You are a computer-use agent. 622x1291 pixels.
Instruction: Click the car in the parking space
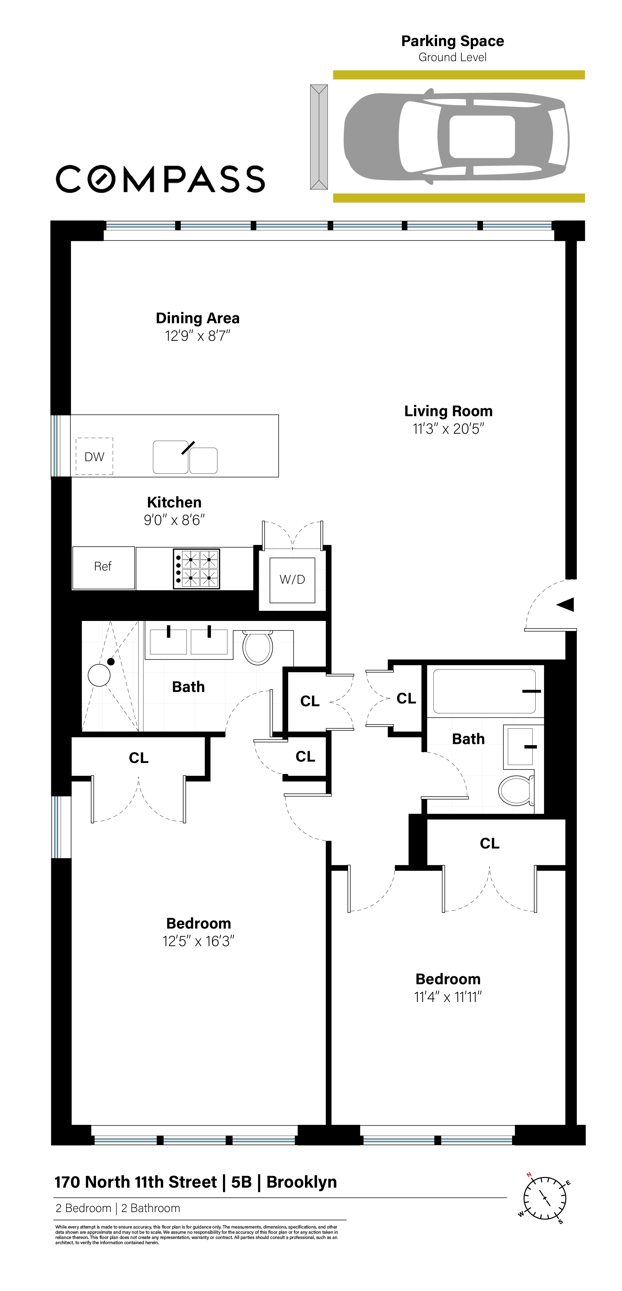[456, 136]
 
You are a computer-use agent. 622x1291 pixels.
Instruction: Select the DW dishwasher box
[94, 456]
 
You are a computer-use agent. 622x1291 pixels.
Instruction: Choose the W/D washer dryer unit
[292, 580]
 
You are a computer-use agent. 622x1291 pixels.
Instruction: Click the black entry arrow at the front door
[565, 605]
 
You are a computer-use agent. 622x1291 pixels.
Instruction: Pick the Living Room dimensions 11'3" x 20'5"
[448, 429]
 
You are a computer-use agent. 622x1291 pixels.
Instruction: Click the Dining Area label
[197, 318]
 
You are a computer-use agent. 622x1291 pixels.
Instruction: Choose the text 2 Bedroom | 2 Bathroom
[118, 1208]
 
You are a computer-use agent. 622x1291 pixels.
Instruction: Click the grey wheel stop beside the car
[319, 137]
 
